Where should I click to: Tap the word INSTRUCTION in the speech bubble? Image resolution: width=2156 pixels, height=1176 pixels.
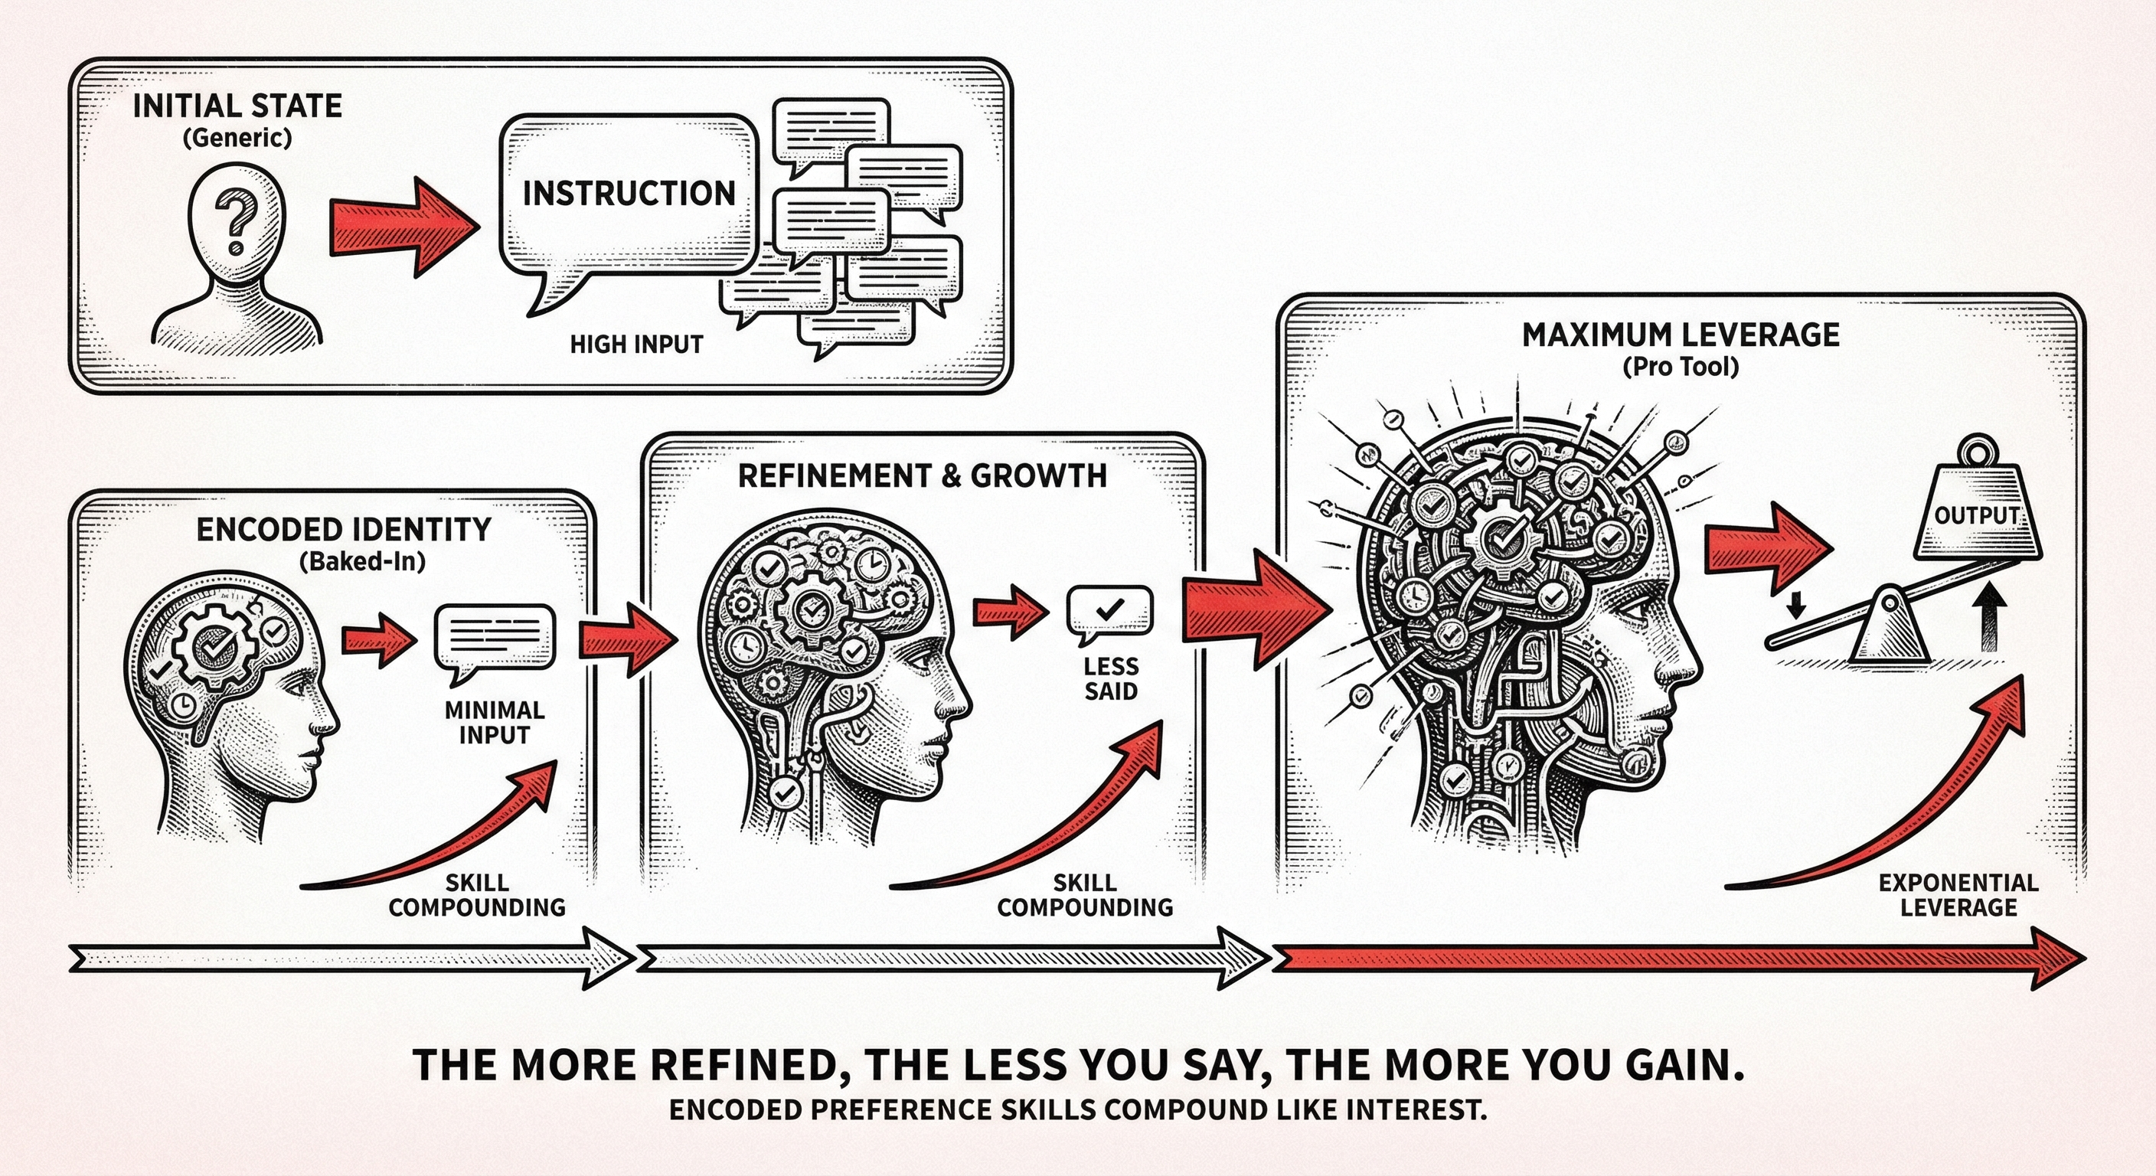click(629, 194)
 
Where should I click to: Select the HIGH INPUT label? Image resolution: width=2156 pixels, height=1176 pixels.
click(636, 344)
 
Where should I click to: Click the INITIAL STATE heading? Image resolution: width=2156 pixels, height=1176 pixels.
click(237, 106)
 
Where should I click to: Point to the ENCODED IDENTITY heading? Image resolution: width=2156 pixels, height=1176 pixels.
click(343, 530)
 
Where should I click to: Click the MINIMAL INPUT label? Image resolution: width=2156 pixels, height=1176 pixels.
click(494, 722)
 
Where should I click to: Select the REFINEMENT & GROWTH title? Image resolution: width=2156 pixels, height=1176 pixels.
click(922, 475)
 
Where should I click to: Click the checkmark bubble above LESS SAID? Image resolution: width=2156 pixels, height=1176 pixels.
click(1109, 611)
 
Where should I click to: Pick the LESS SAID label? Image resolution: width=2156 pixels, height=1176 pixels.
click(1111, 679)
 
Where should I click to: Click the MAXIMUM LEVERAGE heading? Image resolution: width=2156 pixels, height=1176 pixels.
click(1680, 335)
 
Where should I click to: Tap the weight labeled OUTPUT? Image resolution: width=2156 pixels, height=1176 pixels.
click(1977, 517)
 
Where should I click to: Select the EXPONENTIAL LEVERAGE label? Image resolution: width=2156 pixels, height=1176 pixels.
click(1958, 895)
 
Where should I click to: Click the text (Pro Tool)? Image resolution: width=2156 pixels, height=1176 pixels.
click(1680, 367)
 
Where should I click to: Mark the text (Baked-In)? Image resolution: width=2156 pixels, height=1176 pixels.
click(361, 560)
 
